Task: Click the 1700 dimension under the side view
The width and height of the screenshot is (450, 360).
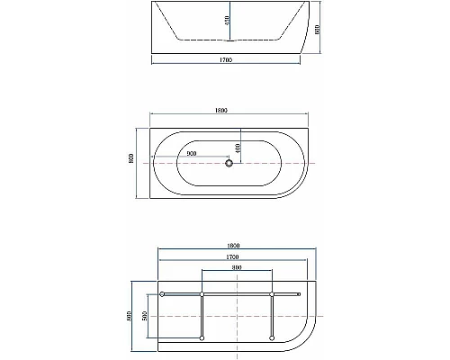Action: (x=226, y=60)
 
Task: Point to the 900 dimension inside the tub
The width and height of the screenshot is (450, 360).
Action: (x=193, y=154)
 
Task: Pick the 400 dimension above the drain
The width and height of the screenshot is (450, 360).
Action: (x=238, y=147)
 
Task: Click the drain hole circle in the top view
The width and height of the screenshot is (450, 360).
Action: (x=229, y=163)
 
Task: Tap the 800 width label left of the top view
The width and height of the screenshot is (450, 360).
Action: (x=131, y=163)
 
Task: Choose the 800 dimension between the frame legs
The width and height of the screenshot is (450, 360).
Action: (x=236, y=268)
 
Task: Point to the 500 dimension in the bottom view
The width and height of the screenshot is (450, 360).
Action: (x=143, y=316)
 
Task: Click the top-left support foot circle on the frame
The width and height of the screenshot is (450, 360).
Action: (x=161, y=294)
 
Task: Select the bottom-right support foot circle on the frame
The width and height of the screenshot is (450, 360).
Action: (x=272, y=337)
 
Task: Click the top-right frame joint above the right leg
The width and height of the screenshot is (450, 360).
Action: (x=272, y=294)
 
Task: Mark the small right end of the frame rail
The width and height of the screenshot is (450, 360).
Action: (x=300, y=294)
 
